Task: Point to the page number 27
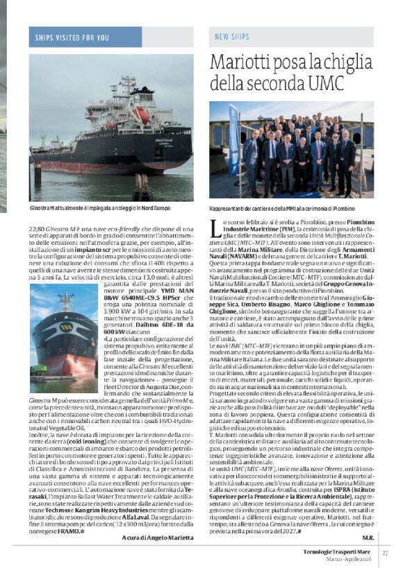coord(384,553)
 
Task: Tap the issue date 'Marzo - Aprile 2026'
coord(349,558)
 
